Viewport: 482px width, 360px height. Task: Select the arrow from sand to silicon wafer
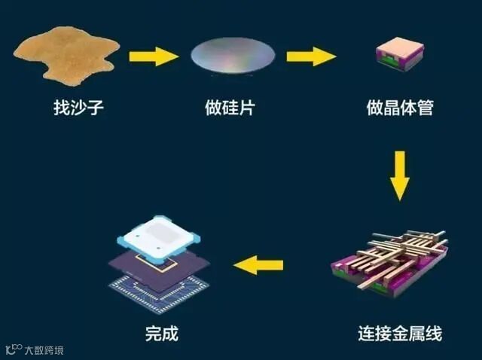154,56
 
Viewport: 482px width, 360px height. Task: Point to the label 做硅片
230,108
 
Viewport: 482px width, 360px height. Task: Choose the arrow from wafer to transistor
311,56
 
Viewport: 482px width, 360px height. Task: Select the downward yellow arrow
401,175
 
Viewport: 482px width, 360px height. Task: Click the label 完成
161,332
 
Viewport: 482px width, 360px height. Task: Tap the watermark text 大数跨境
43,349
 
